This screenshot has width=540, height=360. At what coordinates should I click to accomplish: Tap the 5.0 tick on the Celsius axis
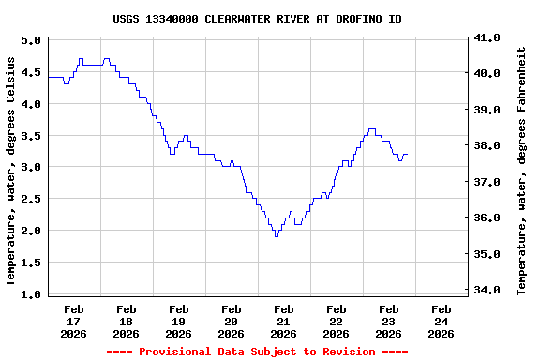[31, 41]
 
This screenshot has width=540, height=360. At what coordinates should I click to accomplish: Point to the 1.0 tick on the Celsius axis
[31, 294]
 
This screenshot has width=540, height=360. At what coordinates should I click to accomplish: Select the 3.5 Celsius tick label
[31, 136]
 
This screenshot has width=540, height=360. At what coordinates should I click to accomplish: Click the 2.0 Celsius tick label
[31, 231]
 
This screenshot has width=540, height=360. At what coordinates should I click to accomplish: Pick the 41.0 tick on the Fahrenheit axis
[488, 38]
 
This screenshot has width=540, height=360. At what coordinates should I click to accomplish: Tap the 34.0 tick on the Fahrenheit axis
[488, 290]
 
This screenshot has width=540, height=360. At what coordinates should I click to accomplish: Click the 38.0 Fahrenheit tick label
[488, 146]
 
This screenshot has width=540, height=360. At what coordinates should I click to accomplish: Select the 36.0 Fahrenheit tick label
[488, 217]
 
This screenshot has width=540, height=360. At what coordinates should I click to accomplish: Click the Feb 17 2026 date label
[73, 321]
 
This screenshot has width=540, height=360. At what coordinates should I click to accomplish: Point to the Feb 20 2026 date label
[231, 321]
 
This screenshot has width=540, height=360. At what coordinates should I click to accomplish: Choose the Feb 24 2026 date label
[441, 321]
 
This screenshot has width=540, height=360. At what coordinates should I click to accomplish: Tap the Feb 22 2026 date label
[336, 321]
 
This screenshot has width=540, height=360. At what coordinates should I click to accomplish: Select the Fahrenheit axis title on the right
[522, 171]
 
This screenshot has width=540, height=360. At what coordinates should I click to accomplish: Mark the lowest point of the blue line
[276, 236]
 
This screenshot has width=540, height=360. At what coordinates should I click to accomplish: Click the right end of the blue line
[407, 155]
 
